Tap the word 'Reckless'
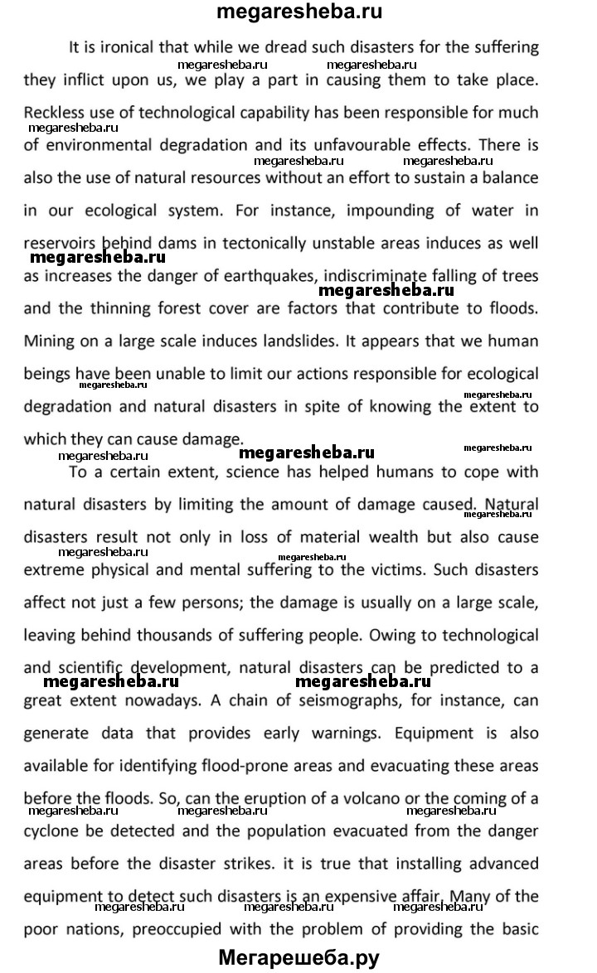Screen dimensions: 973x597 (56, 112)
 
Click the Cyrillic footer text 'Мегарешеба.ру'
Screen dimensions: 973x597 (298, 958)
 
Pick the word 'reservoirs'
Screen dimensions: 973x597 (59, 243)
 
